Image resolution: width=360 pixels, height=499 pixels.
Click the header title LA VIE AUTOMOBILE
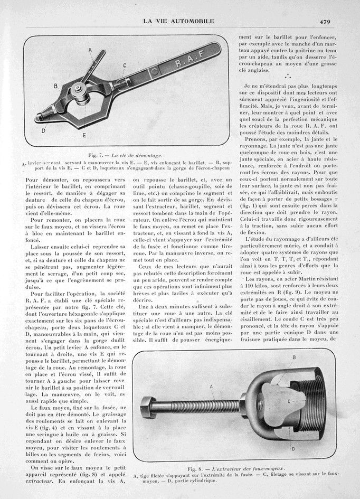pos(179,21)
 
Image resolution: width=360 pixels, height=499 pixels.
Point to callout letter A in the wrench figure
pos(90,50)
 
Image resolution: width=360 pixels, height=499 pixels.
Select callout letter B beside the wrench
pos(55,84)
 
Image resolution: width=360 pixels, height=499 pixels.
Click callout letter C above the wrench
pos(125,65)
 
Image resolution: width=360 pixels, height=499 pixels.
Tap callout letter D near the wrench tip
pos(43,129)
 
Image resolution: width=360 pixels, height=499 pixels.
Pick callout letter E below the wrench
pos(84,135)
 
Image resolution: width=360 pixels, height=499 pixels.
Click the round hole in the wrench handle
pos(154,71)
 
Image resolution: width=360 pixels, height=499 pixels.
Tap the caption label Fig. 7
pos(95,155)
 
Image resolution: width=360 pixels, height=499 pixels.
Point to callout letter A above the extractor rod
pos(212,386)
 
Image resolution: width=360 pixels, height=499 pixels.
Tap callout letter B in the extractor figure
pos(293,357)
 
